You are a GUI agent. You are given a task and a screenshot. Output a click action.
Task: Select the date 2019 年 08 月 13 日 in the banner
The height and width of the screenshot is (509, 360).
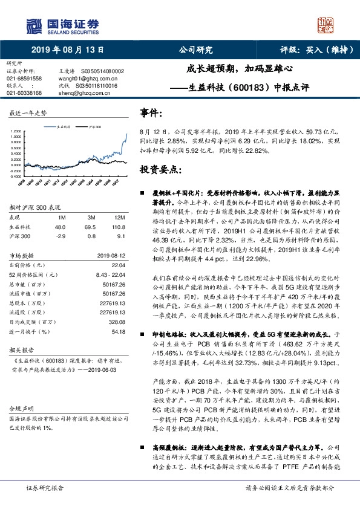click(67, 50)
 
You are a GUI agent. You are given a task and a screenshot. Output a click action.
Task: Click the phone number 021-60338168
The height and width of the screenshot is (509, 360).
click(24, 93)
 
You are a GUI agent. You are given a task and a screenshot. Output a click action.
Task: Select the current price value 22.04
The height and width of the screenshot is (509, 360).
click(119, 265)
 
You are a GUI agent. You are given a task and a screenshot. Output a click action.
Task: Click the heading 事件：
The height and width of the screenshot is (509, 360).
click(151, 113)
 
